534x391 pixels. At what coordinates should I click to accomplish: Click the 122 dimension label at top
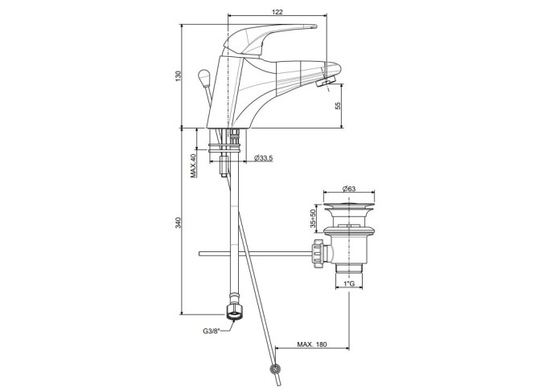click(277, 11)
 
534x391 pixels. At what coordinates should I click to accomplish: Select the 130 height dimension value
click(178, 75)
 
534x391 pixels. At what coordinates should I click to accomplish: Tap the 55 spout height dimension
click(338, 105)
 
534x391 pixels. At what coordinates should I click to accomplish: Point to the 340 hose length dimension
click(178, 222)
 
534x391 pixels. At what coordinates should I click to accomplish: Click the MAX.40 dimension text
click(193, 165)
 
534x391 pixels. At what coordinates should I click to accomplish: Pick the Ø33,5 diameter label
click(263, 157)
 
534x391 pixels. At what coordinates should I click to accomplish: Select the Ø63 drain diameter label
click(349, 189)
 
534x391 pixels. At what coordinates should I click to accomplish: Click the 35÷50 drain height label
click(313, 218)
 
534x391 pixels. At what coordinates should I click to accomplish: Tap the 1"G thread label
click(349, 283)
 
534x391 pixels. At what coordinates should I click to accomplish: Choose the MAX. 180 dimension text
click(311, 344)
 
